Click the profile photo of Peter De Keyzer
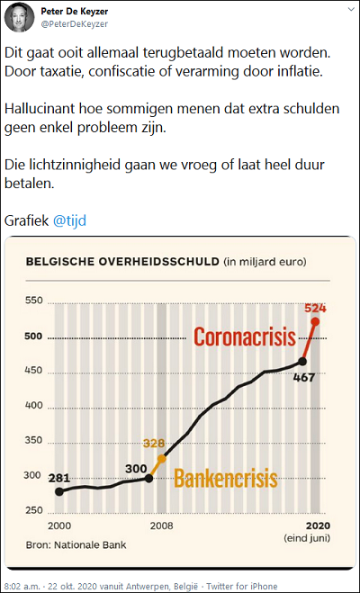coord(19,17)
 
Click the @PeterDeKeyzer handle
coord(75,24)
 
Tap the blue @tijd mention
coord(69,220)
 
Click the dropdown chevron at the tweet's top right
coord(350,10)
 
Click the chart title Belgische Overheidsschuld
coord(122,262)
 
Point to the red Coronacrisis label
coord(245,337)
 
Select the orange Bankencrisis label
coord(225,478)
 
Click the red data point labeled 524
coord(315,321)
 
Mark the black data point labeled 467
coord(302,361)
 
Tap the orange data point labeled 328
coord(162,459)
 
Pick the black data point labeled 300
coord(149,479)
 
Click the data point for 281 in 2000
coord(59,491)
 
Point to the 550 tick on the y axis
coord(33,301)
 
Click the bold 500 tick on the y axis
coord(33,337)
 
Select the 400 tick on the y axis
coord(34,407)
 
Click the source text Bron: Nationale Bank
coord(76,545)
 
